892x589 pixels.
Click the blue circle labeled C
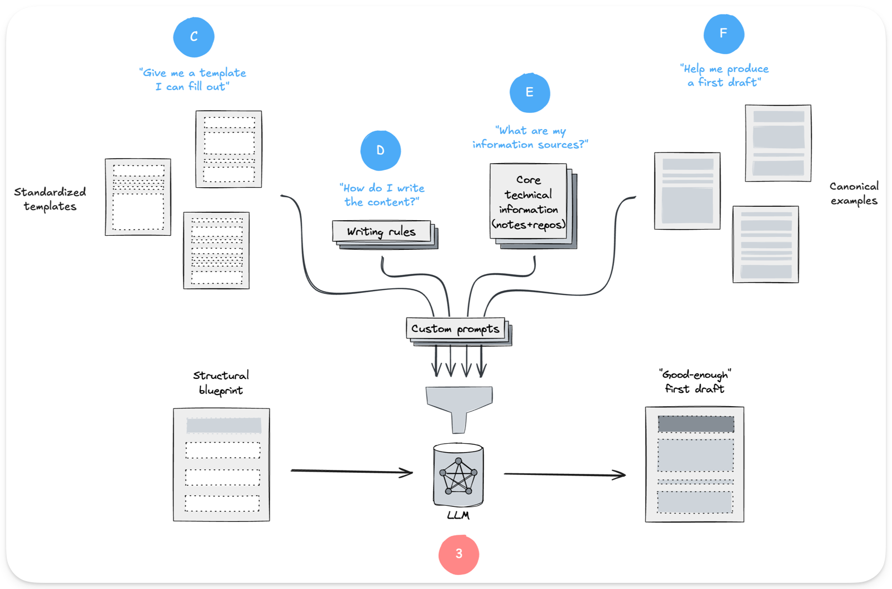(x=194, y=37)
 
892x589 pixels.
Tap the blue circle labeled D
(x=381, y=150)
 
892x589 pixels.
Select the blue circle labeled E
(x=530, y=92)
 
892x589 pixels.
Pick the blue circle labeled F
(x=723, y=34)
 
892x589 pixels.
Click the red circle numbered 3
(x=459, y=554)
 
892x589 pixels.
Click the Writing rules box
(x=382, y=231)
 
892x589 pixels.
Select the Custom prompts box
(x=455, y=329)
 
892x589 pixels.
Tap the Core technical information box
(x=528, y=202)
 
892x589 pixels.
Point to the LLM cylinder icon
(x=458, y=475)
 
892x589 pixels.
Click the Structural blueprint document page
(x=222, y=465)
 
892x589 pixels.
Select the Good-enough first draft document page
(x=694, y=464)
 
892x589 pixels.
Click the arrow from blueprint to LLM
(x=352, y=471)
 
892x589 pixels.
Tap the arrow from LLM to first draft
(x=564, y=474)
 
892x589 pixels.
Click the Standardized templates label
(x=50, y=199)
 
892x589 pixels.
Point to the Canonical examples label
(x=853, y=193)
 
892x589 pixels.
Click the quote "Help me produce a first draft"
(x=725, y=75)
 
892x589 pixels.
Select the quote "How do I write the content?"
(x=382, y=195)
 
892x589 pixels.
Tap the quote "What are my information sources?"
(x=530, y=137)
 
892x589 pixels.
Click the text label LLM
(x=458, y=515)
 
